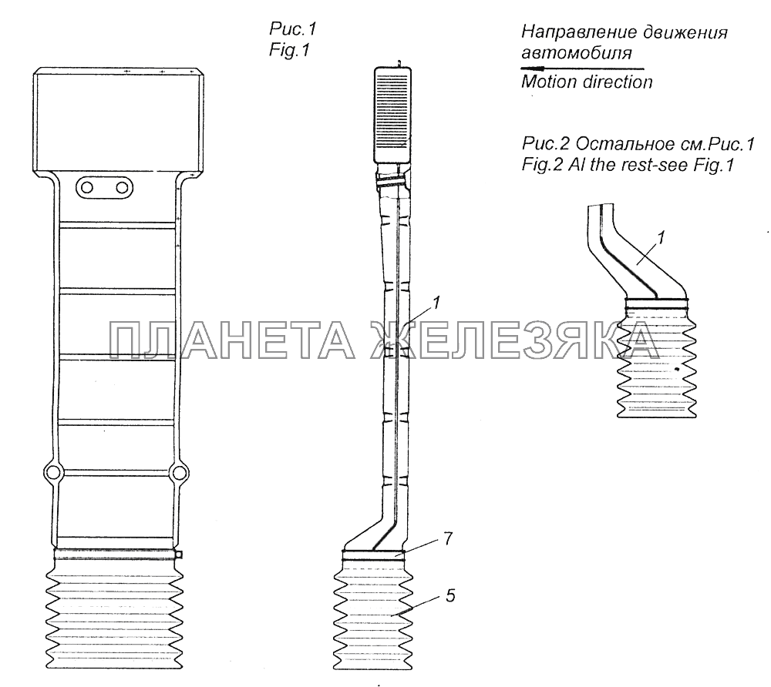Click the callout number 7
coord(447,538)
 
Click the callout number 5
coord(450,595)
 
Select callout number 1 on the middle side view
coord(436,303)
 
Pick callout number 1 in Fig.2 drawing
coord(661,238)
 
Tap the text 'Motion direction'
coord(587,82)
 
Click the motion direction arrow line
coord(582,69)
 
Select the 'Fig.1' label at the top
coord(289,50)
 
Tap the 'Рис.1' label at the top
coord(292,29)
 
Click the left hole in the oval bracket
coord(87,188)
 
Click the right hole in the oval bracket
coord(122,188)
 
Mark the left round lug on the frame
coord(52,473)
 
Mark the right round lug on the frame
coord(178,473)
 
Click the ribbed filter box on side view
coord(392,115)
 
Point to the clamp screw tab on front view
coord(180,555)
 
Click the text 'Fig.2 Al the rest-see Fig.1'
coord(628,165)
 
